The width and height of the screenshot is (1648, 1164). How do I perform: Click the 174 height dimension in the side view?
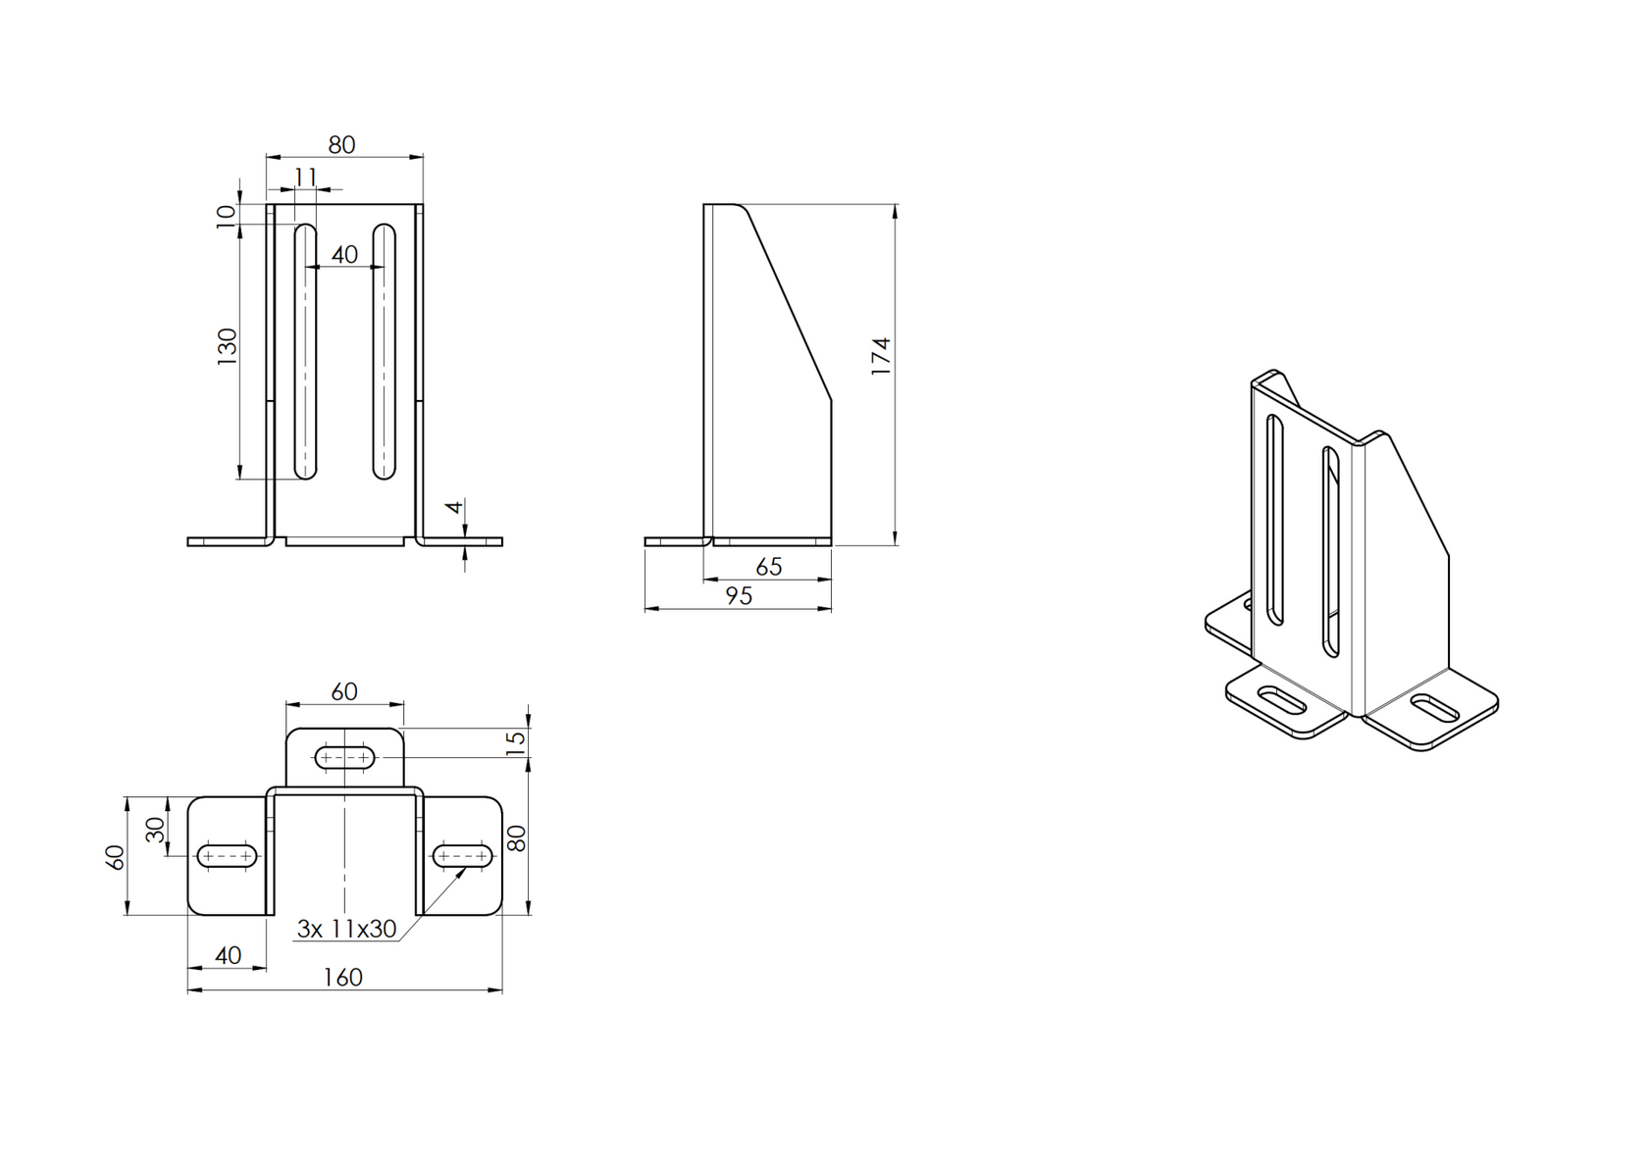click(x=881, y=356)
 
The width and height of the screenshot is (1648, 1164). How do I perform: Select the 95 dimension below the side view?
click(x=739, y=596)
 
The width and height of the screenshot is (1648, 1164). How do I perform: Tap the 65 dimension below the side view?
click(x=769, y=567)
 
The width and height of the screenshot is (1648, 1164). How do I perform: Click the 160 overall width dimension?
click(x=342, y=978)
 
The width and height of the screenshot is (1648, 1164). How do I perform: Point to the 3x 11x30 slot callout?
click(x=346, y=929)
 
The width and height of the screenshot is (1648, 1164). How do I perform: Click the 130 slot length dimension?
click(x=228, y=347)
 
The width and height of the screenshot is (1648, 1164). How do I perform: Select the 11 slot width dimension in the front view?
click(x=306, y=177)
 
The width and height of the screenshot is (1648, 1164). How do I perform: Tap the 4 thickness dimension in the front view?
click(x=453, y=508)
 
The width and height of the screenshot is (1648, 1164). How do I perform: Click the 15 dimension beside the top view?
click(x=516, y=741)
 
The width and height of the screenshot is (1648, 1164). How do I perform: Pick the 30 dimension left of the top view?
click(x=156, y=831)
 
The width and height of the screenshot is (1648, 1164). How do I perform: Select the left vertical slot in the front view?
click(x=306, y=352)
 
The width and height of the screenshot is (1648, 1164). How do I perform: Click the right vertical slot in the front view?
click(x=384, y=352)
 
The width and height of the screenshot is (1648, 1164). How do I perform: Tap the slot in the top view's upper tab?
click(x=344, y=757)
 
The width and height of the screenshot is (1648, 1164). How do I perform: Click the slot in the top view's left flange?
click(x=227, y=856)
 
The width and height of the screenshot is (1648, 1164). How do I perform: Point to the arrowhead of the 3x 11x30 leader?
click(x=463, y=869)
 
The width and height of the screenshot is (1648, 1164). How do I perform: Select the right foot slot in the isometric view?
click(x=1433, y=708)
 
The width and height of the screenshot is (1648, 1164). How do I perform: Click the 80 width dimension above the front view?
click(x=341, y=145)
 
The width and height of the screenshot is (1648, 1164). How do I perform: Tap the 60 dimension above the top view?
click(x=344, y=692)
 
